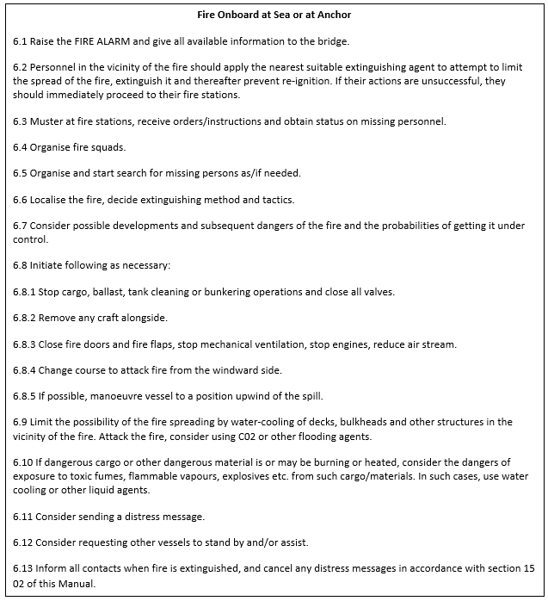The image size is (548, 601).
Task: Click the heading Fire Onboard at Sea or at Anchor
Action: pyautogui.click(x=274, y=15)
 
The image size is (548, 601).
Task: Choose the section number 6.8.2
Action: pyautogui.click(x=27, y=318)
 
